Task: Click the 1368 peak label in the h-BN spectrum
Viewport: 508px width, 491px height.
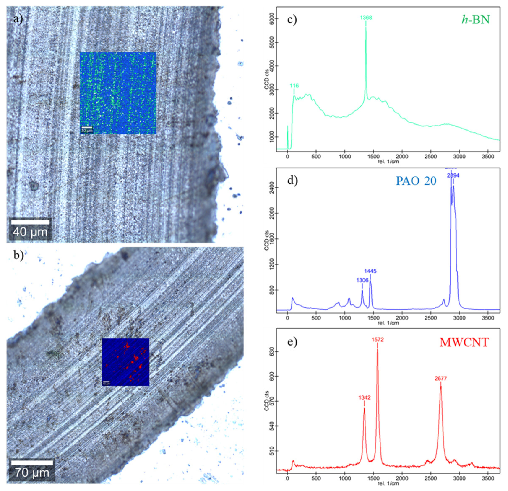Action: tap(366, 18)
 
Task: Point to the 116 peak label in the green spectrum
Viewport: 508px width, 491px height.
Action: tap(294, 86)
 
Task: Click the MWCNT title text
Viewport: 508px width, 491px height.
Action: tap(464, 342)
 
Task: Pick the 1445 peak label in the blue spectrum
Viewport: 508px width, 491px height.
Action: tap(370, 271)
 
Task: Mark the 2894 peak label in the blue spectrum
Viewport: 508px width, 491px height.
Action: tap(453, 175)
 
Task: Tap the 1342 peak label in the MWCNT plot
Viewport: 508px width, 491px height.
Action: tap(364, 397)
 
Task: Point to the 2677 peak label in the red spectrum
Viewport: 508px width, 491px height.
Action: tap(441, 379)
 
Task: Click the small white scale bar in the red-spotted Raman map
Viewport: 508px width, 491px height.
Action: tap(106, 382)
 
